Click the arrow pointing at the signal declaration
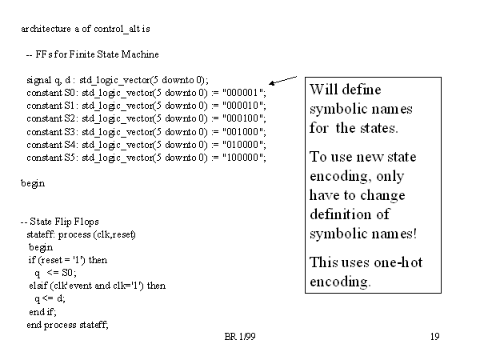283,79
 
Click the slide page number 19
434,338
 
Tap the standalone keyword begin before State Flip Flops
33,183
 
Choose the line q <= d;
50,298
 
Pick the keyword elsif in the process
36,286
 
